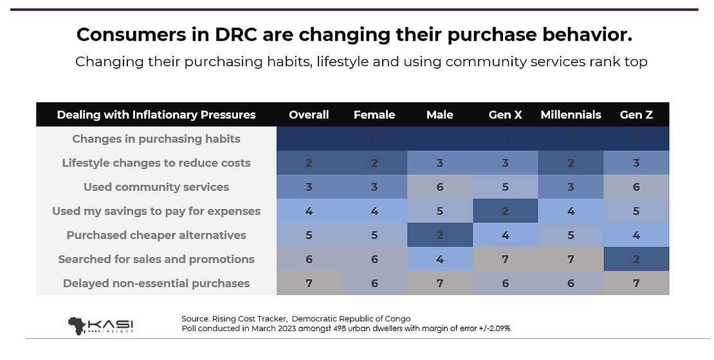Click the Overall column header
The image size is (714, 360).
click(309, 114)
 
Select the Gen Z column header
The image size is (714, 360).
click(636, 114)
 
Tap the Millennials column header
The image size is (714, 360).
click(571, 114)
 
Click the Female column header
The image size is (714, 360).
click(374, 114)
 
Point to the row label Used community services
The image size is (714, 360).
click(156, 187)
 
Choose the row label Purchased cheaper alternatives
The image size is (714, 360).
click(156, 235)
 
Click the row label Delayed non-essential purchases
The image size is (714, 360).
click(156, 283)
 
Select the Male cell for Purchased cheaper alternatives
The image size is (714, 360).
click(440, 235)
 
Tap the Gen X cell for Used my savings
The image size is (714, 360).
click(505, 211)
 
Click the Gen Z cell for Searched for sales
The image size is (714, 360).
click(636, 259)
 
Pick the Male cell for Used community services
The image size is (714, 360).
click(440, 187)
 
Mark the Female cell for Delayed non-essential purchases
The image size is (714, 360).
click(374, 283)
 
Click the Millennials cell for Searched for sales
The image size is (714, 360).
click(571, 259)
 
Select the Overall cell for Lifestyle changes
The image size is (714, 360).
click(309, 163)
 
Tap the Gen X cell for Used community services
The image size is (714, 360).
click(505, 187)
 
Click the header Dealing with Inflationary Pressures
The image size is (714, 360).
click(156, 114)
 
